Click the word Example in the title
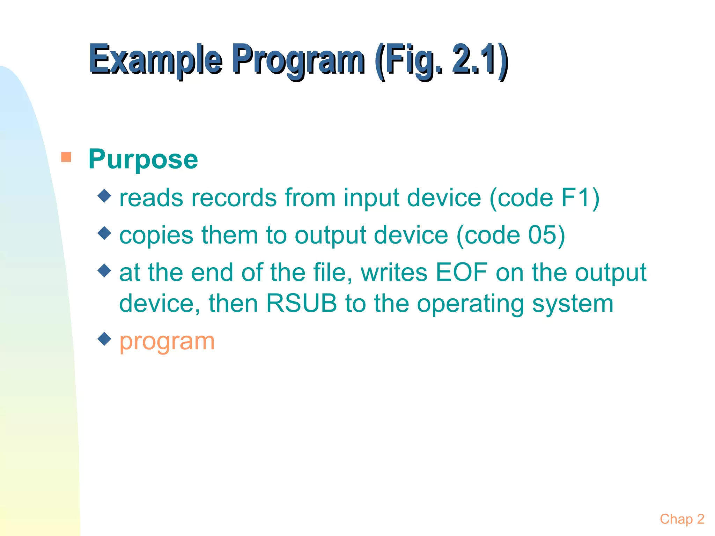point(155,60)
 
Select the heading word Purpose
point(143,159)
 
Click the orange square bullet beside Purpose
point(66,157)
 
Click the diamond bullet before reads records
point(104,196)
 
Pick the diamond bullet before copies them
point(104,233)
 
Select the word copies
point(156,236)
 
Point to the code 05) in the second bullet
point(546,235)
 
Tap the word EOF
point(461,272)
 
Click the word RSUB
point(302,303)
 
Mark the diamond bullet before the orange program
point(104,338)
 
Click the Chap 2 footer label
point(682,519)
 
